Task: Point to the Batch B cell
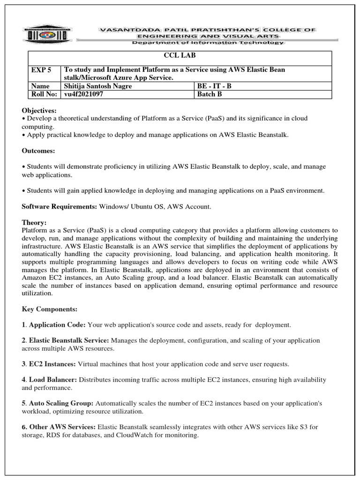pos(209,94)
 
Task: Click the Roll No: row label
pos(44,94)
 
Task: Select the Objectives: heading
pos(39,111)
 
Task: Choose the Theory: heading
pos(34,223)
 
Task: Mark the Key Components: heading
pos(49,310)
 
